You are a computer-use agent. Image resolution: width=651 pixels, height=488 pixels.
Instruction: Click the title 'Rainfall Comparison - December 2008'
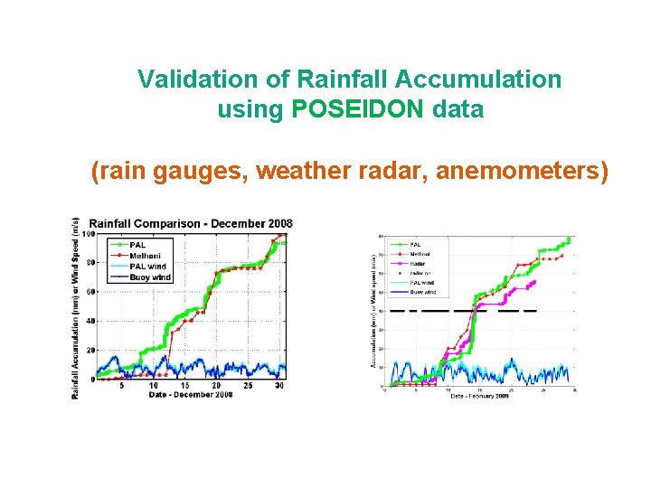(191, 223)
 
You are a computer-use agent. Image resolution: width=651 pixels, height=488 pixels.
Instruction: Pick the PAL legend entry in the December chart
(137, 244)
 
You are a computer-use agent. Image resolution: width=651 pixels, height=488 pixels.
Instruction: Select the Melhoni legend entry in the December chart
(144, 255)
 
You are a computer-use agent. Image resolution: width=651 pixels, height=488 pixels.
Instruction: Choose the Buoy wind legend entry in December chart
(148, 277)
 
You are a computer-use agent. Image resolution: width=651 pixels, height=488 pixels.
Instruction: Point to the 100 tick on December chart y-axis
(89, 234)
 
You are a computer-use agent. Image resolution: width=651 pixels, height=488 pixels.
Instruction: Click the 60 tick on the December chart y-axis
(90, 292)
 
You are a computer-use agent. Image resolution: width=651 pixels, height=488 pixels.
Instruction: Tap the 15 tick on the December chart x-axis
(185, 386)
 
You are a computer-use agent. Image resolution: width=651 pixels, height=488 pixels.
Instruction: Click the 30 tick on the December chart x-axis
(279, 386)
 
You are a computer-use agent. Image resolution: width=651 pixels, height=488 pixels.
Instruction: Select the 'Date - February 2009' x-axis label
(479, 397)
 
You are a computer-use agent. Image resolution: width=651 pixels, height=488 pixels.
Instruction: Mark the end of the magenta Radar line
(535, 281)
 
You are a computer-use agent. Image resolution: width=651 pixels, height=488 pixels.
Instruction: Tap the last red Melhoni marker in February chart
(562, 255)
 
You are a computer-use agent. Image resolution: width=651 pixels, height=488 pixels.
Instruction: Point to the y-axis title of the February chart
(373, 309)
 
